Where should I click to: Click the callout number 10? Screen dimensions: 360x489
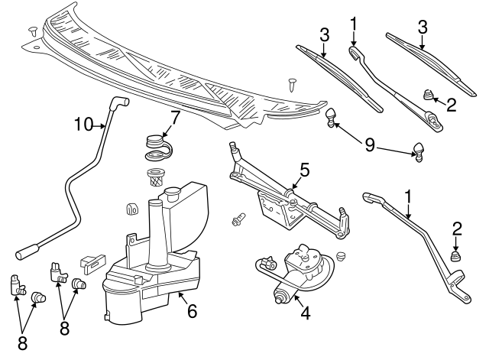click(x=83, y=123)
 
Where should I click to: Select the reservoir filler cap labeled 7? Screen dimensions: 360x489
click(x=157, y=144)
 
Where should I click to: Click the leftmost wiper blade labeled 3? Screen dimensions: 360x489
click(x=339, y=77)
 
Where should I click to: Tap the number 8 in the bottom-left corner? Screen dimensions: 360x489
click(x=22, y=343)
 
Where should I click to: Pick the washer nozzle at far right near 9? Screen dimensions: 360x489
click(x=418, y=151)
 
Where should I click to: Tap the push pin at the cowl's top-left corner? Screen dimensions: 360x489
click(x=33, y=31)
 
